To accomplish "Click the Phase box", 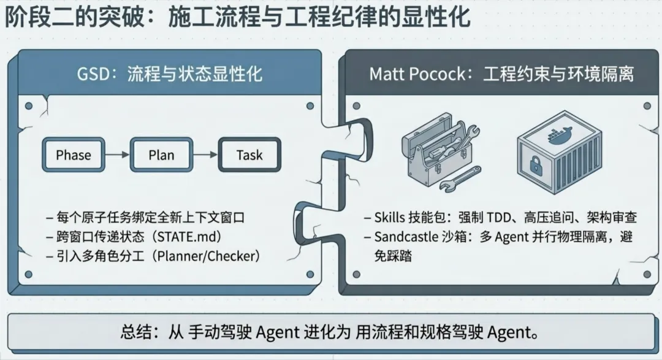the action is tap(74, 155).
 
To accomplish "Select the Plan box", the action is tap(161, 155).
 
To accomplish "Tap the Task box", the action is tap(249, 155).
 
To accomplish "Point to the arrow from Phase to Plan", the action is tap(117, 155).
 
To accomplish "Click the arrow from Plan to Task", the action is tap(205, 155).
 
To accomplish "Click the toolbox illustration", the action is tap(439, 148).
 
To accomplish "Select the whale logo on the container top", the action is tap(559, 135).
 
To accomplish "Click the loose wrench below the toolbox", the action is tap(460, 179).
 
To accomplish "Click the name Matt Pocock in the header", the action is tap(417, 74).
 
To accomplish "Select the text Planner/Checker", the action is tap(206, 256).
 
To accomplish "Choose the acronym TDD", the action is tap(498, 217).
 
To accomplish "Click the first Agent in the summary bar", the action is tap(278, 332).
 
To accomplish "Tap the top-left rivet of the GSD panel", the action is tap(29, 105).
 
